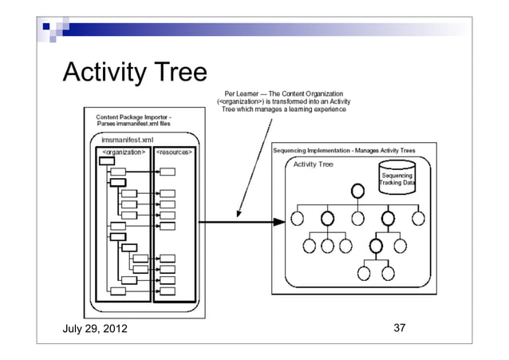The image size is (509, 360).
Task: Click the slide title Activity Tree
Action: [134, 74]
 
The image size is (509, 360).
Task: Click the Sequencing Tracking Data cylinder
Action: [397, 177]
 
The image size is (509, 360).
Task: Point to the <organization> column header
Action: [123, 151]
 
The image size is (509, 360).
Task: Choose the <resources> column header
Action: [174, 151]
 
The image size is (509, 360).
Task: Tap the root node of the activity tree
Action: [358, 191]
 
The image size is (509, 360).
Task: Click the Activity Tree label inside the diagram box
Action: [314, 164]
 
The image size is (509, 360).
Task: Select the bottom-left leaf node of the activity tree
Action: [363, 273]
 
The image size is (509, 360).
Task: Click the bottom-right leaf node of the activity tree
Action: [389, 273]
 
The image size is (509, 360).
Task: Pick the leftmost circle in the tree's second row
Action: [298, 218]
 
